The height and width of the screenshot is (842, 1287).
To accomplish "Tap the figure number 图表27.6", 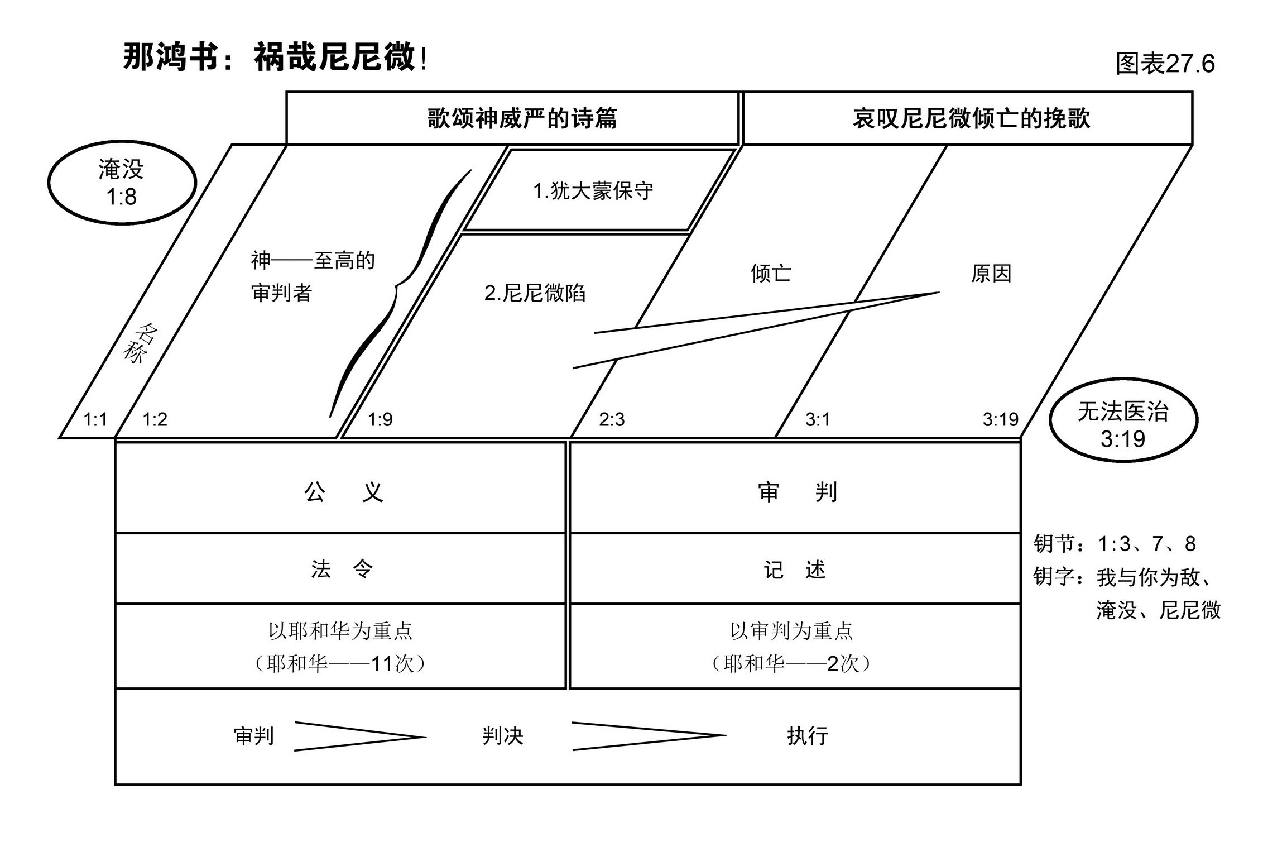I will coord(1165,64).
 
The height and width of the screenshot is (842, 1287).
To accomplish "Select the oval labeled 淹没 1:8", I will coord(122,183).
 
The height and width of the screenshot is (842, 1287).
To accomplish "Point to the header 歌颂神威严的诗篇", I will coord(522,118).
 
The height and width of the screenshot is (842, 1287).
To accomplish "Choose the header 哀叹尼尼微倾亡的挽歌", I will coord(971,118).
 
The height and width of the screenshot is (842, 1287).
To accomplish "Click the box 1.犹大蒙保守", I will coord(593,191).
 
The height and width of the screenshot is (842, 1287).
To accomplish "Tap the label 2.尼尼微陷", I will coord(535,293).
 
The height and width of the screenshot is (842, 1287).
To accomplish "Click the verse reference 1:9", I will coord(380,419).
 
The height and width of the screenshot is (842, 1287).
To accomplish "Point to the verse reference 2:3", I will coord(612,419).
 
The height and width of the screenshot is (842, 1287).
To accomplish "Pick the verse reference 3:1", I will coord(818,419).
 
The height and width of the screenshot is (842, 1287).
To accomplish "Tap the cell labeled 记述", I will coord(795,570).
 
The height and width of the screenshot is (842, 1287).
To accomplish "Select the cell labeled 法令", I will coord(342,569).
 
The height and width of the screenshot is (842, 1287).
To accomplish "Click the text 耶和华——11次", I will coord(340,663).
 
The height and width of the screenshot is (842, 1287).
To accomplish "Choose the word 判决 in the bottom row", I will coord(502,736).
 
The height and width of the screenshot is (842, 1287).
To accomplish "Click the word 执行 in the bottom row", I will coord(808,736).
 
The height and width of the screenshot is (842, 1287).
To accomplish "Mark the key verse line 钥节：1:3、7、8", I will coord(1114,543).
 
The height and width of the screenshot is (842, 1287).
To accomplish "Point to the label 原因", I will coord(991,274).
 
